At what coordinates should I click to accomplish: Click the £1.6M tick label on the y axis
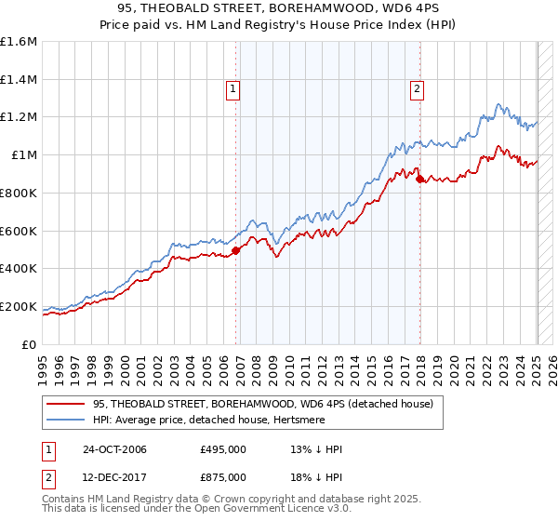coord(19,42)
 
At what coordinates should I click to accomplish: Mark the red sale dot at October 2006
coord(236,249)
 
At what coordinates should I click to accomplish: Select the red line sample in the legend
coord(66,404)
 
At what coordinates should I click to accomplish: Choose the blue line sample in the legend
coord(66,420)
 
